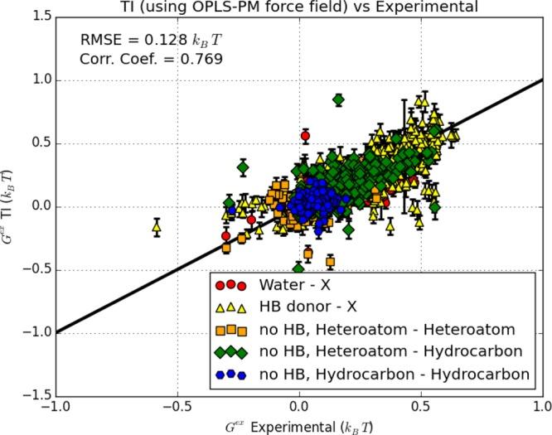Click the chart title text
[x=298, y=7]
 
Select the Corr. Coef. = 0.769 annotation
[x=151, y=58]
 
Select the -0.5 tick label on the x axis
[x=177, y=408]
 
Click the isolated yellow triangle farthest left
[x=157, y=225]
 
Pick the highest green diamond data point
[x=338, y=100]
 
